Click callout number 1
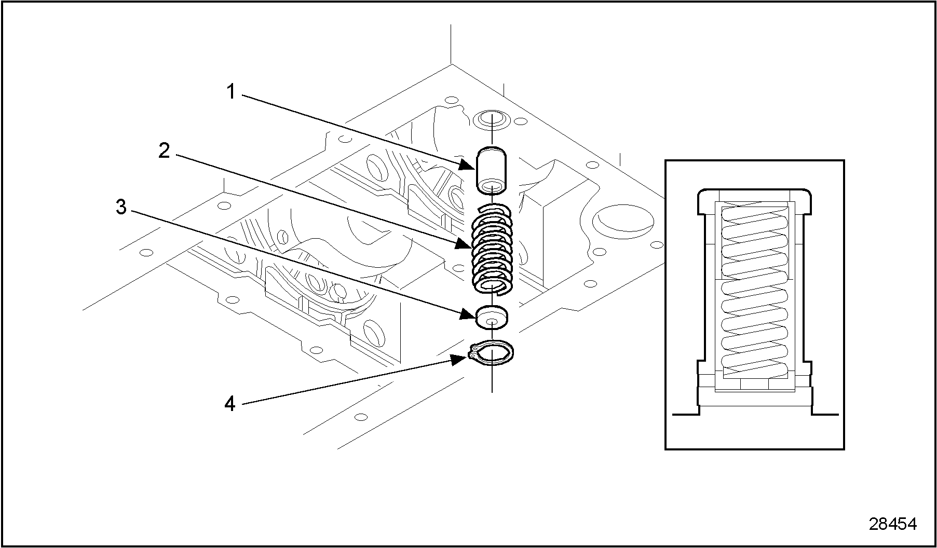[x=231, y=93]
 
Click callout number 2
[x=165, y=152]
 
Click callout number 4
[x=230, y=404]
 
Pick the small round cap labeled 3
[x=492, y=317]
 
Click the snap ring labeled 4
[x=492, y=353]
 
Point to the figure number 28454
[x=893, y=524]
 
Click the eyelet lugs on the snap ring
[x=472, y=354]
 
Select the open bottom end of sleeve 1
[x=492, y=185]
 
